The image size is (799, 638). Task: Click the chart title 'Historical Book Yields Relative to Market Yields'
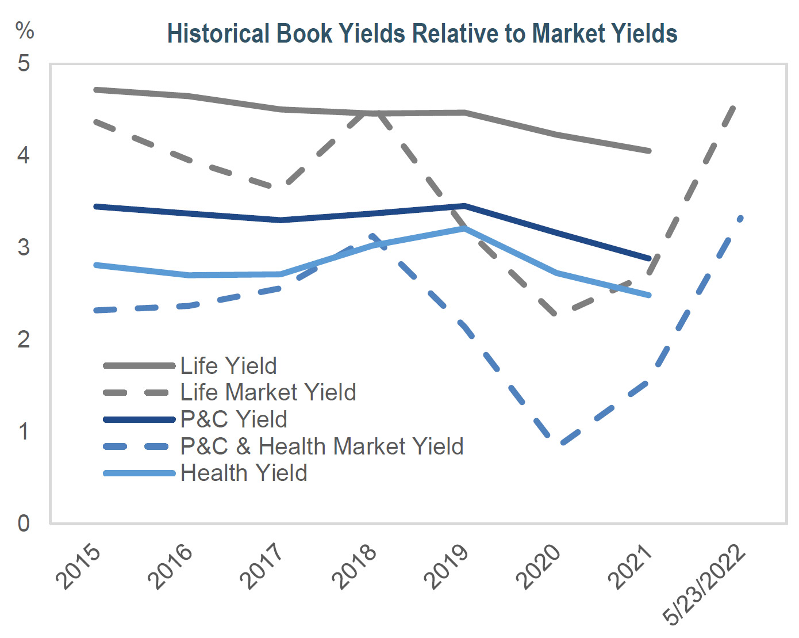pos(422,33)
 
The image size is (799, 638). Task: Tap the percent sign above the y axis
pos(25,30)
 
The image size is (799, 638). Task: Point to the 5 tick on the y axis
pos(24,63)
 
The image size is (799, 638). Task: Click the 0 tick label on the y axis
pos(24,524)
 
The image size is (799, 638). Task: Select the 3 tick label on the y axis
pos(24,247)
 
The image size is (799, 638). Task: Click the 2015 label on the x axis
pos(79,567)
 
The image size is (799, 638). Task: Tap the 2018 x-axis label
pos(355,567)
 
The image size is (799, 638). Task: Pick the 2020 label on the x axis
pos(539,567)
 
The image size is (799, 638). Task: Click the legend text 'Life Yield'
pos(229,366)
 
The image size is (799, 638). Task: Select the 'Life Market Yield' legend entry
pos(268,392)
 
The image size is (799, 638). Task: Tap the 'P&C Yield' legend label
pos(233,419)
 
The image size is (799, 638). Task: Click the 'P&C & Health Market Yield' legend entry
pos(322,446)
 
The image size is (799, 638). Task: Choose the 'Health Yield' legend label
pos(244,473)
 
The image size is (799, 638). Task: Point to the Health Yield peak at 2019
pos(464,228)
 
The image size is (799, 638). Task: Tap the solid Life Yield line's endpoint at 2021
pos(649,151)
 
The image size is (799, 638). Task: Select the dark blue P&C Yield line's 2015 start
pos(96,206)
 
